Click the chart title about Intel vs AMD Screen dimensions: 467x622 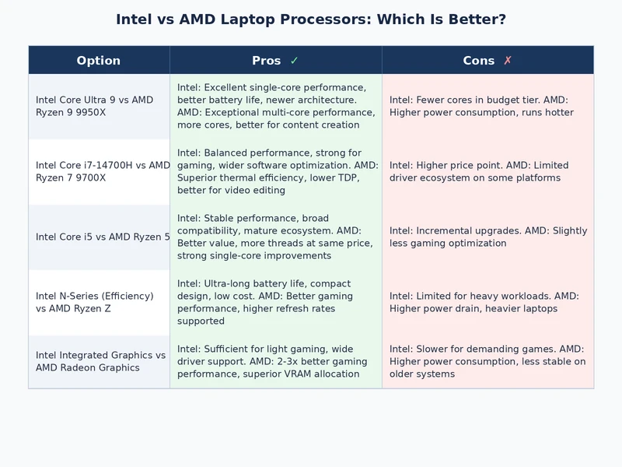click(x=311, y=19)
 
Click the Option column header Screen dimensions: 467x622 click(x=99, y=61)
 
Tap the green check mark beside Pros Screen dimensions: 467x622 click(x=294, y=61)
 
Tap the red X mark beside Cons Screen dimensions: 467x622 click(x=508, y=61)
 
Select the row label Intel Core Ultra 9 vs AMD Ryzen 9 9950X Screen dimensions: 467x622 click(x=95, y=106)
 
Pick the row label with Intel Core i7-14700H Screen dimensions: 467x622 click(x=102, y=171)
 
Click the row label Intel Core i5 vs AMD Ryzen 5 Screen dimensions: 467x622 click(x=102, y=237)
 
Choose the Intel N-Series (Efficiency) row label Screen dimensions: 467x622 click(x=95, y=302)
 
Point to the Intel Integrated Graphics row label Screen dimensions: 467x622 click(x=100, y=361)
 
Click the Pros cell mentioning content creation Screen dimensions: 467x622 click(x=275, y=106)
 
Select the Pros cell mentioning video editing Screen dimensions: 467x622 click(x=275, y=171)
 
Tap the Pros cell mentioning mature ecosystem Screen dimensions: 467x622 click(x=275, y=237)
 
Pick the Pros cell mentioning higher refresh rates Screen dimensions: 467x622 click(x=275, y=302)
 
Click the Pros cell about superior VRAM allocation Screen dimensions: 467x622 click(x=275, y=361)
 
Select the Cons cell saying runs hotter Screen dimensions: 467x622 click(x=487, y=106)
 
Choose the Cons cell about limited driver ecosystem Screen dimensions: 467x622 click(x=487, y=171)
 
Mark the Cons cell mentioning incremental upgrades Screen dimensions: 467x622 click(x=487, y=237)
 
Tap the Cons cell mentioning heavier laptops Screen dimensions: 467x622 click(x=487, y=302)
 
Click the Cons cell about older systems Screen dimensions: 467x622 click(x=487, y=361)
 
